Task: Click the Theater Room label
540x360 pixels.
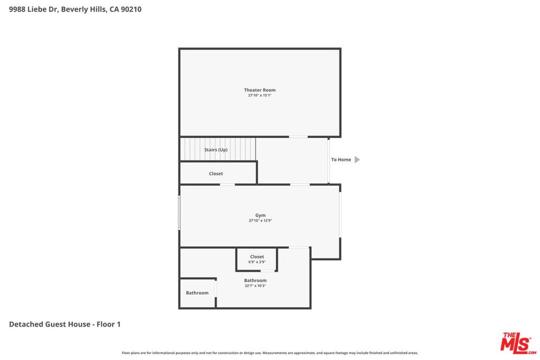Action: [259, 90]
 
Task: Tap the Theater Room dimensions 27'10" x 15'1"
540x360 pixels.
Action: [259, 95]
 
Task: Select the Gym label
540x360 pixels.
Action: [261, 216]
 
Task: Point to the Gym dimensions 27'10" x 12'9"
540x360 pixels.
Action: [261, 221]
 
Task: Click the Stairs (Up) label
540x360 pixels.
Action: [216, 150]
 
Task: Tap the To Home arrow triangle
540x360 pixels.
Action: [357, 160]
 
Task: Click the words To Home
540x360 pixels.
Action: [341, 160]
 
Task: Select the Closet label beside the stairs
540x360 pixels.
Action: [216, 174]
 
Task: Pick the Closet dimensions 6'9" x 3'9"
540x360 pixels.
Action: [257, 262]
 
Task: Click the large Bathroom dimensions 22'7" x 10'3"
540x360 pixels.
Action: [255, 286]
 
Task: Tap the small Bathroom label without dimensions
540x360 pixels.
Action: [197, 293]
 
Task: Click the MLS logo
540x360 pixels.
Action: [518, 344]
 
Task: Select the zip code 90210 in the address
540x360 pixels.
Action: [131, 9]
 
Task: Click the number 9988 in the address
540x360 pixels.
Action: [17, 9]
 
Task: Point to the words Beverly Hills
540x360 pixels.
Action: [84, 9]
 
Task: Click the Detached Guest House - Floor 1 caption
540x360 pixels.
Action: [65, 324]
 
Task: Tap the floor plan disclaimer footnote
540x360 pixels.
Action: [269, 353]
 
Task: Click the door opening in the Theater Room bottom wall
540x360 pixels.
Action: [298, 137]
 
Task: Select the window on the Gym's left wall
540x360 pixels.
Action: [179, 213]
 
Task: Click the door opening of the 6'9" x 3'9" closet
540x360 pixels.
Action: [267, 271]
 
